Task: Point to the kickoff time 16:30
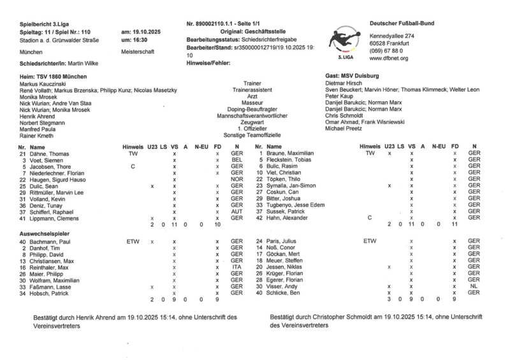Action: pos(131,40)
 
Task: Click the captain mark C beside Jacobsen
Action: pos(133,167)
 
